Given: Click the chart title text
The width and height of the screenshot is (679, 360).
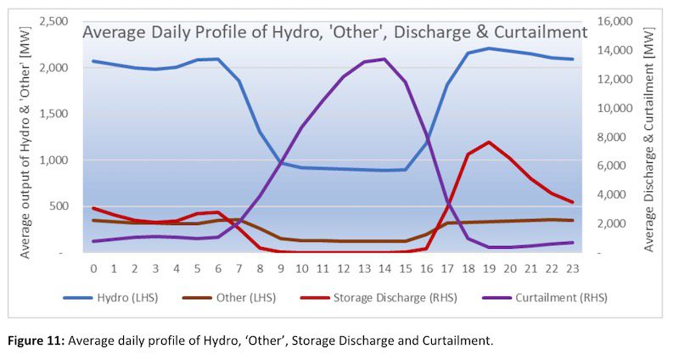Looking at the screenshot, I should coord(334,32).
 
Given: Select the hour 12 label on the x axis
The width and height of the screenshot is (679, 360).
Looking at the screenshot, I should coord(343,268).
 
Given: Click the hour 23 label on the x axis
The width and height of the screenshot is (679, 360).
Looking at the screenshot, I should coord(572,268).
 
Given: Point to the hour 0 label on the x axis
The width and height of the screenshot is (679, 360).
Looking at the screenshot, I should coord(93,268).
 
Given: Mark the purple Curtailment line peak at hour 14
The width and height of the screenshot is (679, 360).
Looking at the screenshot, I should coord(384,59).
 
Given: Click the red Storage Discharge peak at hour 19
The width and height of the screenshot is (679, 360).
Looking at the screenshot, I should coord(489,142).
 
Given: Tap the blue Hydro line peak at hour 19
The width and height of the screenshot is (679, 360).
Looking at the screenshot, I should coord(489,48).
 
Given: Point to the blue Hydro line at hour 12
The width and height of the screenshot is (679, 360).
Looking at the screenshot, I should coord(343,169).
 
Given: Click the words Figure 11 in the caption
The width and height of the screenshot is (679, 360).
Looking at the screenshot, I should coord(36,340).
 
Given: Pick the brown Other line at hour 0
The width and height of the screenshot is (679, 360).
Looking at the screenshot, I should coord(93,220).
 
